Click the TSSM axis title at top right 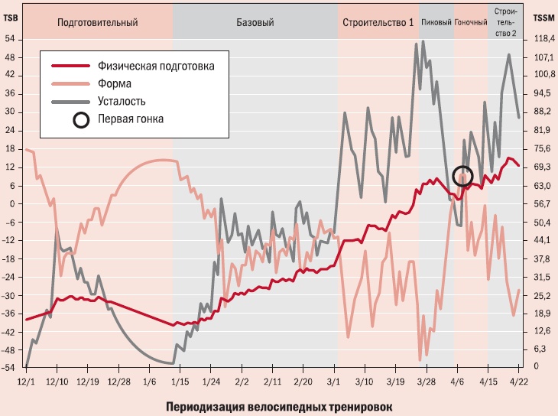(x=543, y=18)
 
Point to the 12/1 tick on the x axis (x=26, y=379)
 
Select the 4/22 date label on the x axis (x=520, y=379)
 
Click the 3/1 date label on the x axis (x=333, y=379)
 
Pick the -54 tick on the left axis (x=9, y=368)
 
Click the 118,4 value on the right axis (x=543, y=38)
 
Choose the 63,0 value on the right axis (x=543, y=185)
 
